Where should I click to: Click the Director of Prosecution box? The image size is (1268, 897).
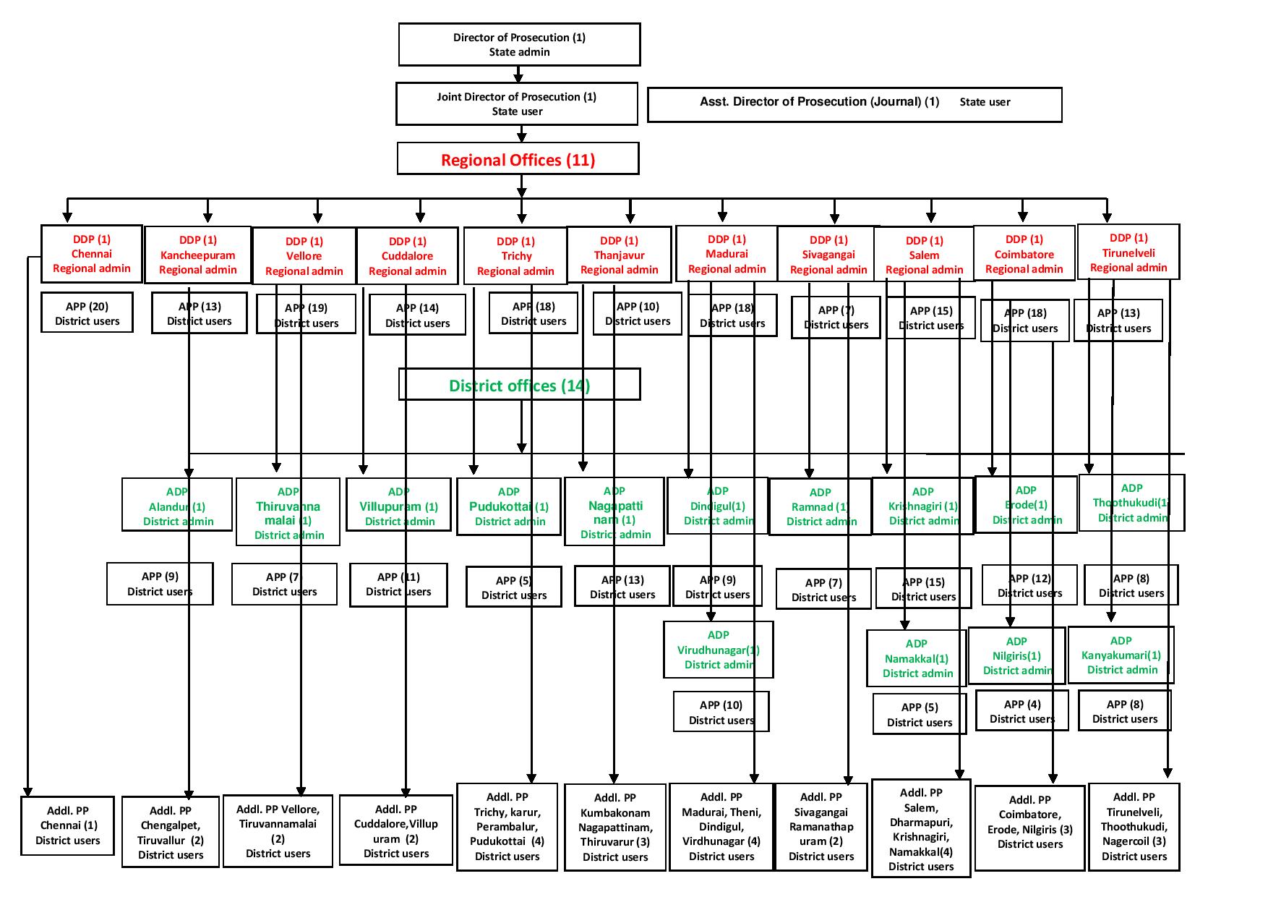pos(519,45)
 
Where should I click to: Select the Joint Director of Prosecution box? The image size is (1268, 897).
pos(516,104)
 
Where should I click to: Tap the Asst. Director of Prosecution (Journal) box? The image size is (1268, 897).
pos(854,105)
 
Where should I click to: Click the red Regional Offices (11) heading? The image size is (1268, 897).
pos(518,159)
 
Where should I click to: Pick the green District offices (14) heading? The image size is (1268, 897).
pos(519,385)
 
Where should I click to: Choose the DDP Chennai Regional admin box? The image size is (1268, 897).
pos(92,254)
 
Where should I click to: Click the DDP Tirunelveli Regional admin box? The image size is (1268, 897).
pos(1128,252)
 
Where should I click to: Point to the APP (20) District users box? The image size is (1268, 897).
pos(87,313)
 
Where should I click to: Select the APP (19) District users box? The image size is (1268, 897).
pos(306,315)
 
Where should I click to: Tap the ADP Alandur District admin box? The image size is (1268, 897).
pos(177,506)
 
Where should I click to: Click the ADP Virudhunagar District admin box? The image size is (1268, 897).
pos(718,650)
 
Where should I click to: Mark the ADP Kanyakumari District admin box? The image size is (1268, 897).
pos(1121,655)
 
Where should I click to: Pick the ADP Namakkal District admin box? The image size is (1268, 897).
pos(916,658)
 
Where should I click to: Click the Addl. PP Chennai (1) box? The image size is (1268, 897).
pos(68,825)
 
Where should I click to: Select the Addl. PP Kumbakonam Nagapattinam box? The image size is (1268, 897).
pos(614,827)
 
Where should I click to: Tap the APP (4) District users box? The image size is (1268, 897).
pos(1021,711)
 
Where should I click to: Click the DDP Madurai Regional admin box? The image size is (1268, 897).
pos(727,254)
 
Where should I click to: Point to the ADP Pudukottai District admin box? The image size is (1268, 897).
pos(508,506)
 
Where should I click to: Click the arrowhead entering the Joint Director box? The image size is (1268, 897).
pos(518,77)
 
